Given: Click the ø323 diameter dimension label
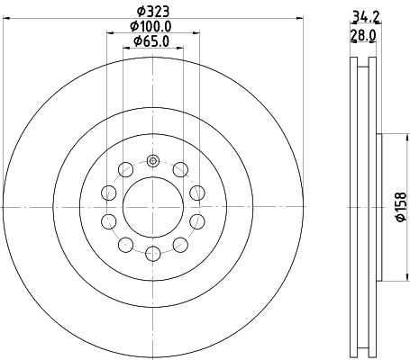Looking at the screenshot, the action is click(153, 12).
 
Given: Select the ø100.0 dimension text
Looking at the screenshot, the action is click(150, 26).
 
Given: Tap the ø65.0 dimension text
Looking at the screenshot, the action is click(151, 41).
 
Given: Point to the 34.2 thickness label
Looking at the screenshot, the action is click(365, 16).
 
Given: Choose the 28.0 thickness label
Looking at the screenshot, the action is click(363, 36).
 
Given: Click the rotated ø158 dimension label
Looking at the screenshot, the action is click(401, 207).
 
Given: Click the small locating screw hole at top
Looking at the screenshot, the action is click(153, 161).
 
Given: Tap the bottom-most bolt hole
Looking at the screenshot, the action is click(153, 254).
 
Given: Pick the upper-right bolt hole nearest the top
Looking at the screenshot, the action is click(180, 169).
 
